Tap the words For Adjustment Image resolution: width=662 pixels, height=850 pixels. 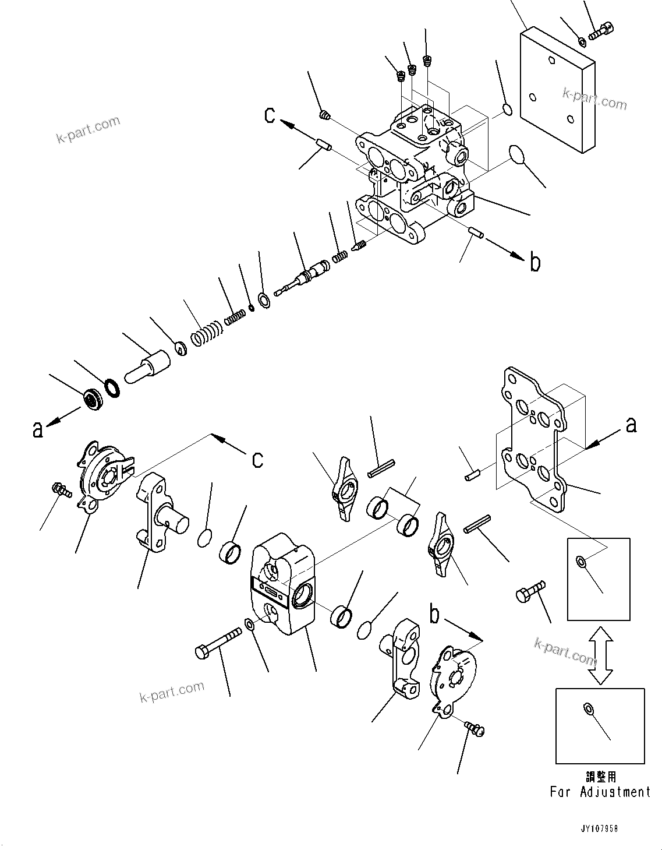click(600, 792)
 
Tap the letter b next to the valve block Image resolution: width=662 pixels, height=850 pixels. click(535, 263)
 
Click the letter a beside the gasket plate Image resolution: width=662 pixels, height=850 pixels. click(631, 426)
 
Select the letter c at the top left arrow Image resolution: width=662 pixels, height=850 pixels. click(269, 115)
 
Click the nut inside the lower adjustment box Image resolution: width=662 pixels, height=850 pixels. click(588, 708)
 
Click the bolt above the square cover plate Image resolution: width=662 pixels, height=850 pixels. click(601, 30)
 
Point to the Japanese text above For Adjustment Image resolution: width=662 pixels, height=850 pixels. click(600, 777)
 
